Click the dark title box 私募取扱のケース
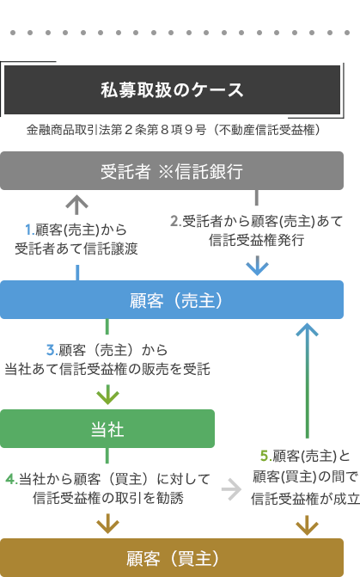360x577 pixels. [x=172, y=89]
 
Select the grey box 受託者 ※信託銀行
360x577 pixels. [x=172, y=171]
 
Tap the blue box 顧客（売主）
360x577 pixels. [x=172, y=300]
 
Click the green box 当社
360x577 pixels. [x=107, y=429]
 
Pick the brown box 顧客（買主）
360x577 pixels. [x=172, y=558]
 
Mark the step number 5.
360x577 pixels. [x=265, y=456]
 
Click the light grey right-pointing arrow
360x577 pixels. [x=232, y=489]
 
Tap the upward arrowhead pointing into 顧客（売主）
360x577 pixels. [x=307, y=329]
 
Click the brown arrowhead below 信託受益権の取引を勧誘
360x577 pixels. [x=107, y=526]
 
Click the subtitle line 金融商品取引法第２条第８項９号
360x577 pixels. [x=116, y=130]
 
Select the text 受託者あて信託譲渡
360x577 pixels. [x=76, y=249]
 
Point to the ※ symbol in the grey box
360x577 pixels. [x=166, y=171]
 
